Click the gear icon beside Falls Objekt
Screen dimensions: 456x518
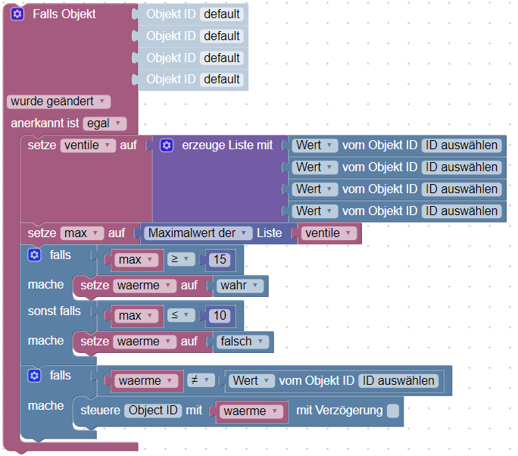pos(17,14)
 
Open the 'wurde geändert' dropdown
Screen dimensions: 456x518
pos(58,101)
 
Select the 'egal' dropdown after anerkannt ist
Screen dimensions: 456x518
pos(105,123)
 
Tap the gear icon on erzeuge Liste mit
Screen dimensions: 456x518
pos(167,145)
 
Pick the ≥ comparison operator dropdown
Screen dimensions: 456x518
pos(179,260)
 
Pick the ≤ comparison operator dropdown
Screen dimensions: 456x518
pos(179,314)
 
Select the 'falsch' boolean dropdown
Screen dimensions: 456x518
pos(242,342)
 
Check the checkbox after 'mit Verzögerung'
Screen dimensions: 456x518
pos(392,411)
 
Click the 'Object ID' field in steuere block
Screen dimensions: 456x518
pos(153,411)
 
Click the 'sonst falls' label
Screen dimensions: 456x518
pos(55,311)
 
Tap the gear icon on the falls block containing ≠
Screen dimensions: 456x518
pos(33,376)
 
